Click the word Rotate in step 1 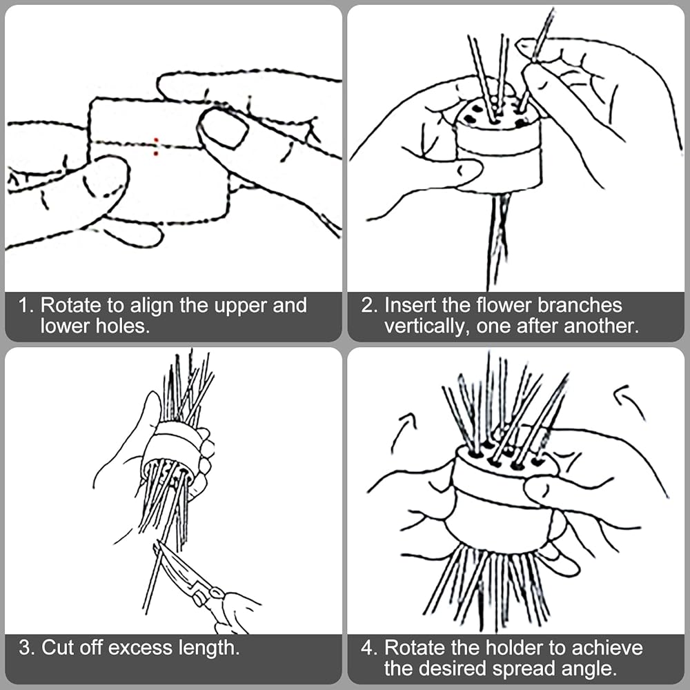(70, 306)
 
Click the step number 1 (26, 306)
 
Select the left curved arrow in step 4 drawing (403, 432)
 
